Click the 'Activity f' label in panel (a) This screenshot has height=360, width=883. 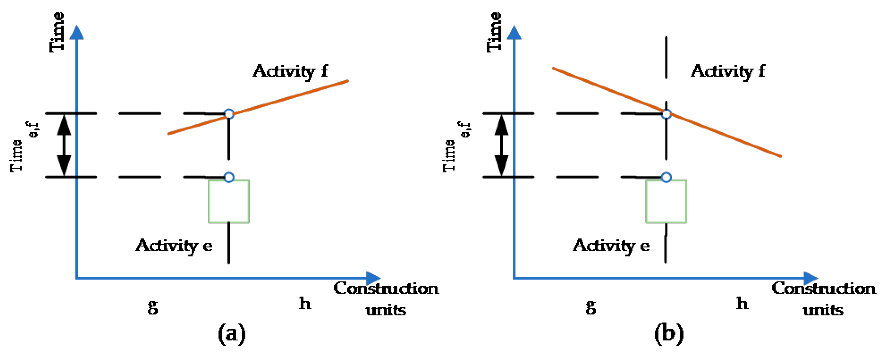coord(290,71)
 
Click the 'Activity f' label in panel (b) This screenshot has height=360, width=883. coord(728,71)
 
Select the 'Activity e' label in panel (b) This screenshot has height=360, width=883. coord(611,246)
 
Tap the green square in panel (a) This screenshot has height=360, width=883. coord(229,202)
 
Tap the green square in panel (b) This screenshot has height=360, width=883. coord(666,202)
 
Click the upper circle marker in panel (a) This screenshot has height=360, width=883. coord(229,114)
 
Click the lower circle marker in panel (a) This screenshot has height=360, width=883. coord(229,177)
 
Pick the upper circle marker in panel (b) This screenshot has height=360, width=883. coord(666,114)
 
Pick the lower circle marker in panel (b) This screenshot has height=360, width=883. coord(666,177)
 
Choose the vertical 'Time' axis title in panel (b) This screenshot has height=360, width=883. coord(494,32)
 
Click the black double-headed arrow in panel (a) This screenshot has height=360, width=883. coord(64,145)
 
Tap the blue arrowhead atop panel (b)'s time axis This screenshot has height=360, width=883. coord(514,33)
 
